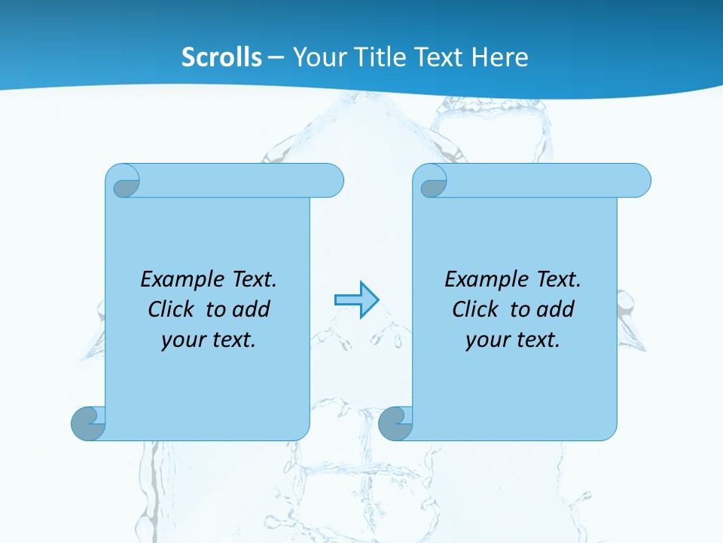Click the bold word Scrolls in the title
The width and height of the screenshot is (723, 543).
(x=222, y=57)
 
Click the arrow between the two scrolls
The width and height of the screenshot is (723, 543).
(x=356, y=299)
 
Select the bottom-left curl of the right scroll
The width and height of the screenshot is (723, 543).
(x=395, y=424)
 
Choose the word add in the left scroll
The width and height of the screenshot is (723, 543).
(x=252, y=310)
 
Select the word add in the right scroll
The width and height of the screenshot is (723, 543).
(x=556, y=310)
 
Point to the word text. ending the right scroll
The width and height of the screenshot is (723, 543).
(x=535, y=340)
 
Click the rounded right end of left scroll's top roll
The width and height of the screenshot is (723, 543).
(x=331, y=181)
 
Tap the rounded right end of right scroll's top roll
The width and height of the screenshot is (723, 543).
(x=639, y=181)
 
